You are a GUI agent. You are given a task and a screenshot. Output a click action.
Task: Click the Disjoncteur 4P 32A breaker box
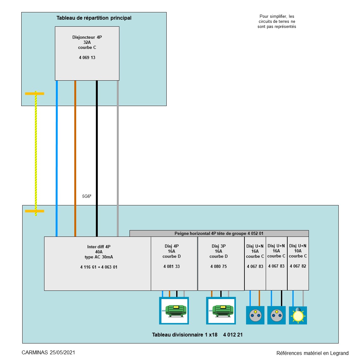tap(87, 53)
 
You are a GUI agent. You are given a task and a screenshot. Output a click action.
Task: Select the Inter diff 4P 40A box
tap(97, 263)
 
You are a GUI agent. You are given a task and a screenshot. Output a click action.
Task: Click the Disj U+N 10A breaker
tap(298, 263)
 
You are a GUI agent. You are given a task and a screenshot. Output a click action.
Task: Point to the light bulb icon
tap(298, 316)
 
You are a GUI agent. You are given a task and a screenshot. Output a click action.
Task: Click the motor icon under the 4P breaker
tap(174, 311)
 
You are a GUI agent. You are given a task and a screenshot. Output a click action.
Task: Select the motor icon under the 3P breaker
tap(221, 311)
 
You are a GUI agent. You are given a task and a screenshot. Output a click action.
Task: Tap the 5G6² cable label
tap(87, 197)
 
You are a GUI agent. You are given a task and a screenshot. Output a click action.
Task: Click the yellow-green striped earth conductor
tap(36, 152)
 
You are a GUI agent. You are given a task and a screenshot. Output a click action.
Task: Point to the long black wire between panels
tap(97, 152)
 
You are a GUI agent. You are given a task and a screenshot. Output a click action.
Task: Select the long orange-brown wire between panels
tap(75, 152)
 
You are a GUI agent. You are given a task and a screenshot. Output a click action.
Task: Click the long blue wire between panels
tap(57, 152)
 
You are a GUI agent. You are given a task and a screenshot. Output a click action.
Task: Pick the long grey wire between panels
tap(118, 152)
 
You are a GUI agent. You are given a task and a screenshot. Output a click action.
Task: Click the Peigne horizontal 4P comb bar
tap(219, 233)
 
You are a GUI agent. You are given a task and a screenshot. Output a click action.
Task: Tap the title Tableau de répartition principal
tap(94, 18)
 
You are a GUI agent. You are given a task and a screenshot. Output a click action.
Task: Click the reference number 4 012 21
tap(233, 335)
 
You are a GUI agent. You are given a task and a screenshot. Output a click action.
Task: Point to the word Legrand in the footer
tap(339, 353)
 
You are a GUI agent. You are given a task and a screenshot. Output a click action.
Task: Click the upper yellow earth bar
tap(35, 94)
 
